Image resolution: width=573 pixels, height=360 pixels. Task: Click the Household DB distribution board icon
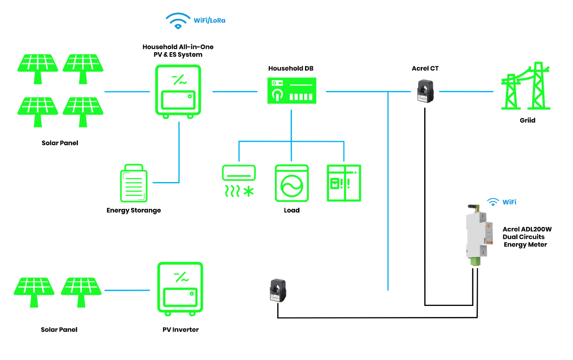(x=292, y=91)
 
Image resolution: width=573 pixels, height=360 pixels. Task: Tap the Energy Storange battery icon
(x=134, y=183)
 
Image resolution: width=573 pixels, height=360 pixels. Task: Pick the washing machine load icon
(x=292, y=183)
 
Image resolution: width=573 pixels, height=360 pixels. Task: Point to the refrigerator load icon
(x=344, y=183)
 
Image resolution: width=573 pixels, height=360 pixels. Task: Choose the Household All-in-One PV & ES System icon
(x=178, y=91)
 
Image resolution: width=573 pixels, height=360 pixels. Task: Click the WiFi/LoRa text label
(x=209, y=21)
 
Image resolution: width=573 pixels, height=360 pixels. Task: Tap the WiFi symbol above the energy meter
(x=494, y=202)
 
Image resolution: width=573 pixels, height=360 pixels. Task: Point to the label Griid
(x=527, y=120)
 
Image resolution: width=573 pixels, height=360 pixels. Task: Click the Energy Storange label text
(x=134, y=210)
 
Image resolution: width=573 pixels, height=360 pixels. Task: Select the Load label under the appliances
(x=292, y=210)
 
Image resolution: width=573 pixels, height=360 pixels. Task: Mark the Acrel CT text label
(x=425, y=68)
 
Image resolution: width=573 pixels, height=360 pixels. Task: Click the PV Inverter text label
(x=180, y=329)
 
